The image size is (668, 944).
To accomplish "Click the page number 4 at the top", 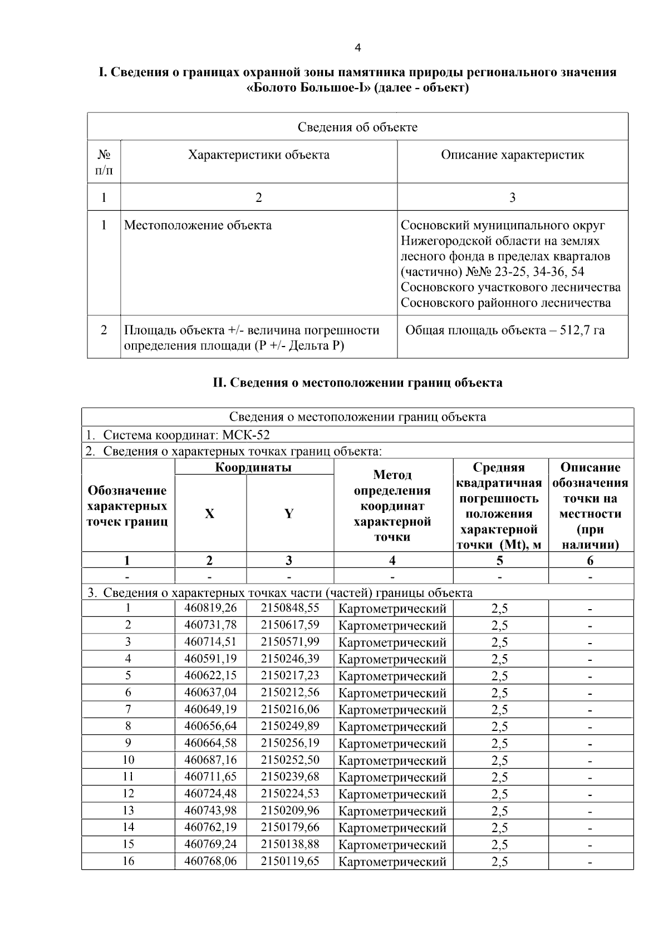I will click(x=357, y=48).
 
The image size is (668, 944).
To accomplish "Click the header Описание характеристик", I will click(x=512, y=155).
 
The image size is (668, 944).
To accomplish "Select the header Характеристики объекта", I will click(x=258, y=155).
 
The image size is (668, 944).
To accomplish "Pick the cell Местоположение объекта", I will click(x=198, y=225).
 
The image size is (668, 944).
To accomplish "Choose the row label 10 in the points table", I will click(x=128, y=760).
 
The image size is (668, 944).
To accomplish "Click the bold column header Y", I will click(x=289, y=513).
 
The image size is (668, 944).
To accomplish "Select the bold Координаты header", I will click(x=253, y=467).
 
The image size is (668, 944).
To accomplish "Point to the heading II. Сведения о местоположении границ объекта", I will click(x=357, y=383).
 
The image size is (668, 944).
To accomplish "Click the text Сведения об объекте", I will click(x=357, y=127).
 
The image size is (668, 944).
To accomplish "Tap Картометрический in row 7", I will click(x=392, y=710).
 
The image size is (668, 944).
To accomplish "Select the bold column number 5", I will click(x=500, y=561).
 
